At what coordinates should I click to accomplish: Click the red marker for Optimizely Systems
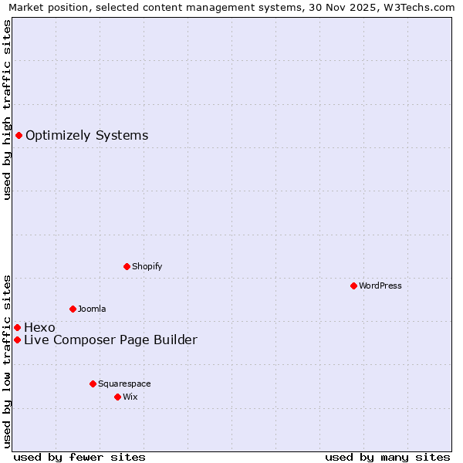coord(19,136)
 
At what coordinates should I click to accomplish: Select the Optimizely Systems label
coord(86,136)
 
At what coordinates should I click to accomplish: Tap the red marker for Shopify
coord(127,266)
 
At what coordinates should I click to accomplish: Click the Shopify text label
coord(147,266)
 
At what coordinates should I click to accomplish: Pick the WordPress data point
coord(353,286)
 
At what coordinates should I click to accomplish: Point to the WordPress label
coord(380,286)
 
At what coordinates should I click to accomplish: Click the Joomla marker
coord(73,309)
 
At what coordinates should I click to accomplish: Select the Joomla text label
coord(92,309)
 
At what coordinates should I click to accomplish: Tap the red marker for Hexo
coord(17,327)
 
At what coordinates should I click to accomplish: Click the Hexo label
coord(39,327)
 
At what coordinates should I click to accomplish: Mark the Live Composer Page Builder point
coord(17,340)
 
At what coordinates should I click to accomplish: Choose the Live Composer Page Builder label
coord(110,340)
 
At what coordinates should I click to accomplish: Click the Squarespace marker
coord(93,384)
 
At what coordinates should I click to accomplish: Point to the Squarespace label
coord(124,384)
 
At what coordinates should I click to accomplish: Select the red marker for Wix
coord(117,397)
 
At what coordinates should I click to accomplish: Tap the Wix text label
coord(130,397)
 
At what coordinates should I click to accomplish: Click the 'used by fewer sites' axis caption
coord(79,457)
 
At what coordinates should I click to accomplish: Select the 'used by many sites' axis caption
coord(387,457)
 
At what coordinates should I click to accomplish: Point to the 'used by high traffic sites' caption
coord(7,110)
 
